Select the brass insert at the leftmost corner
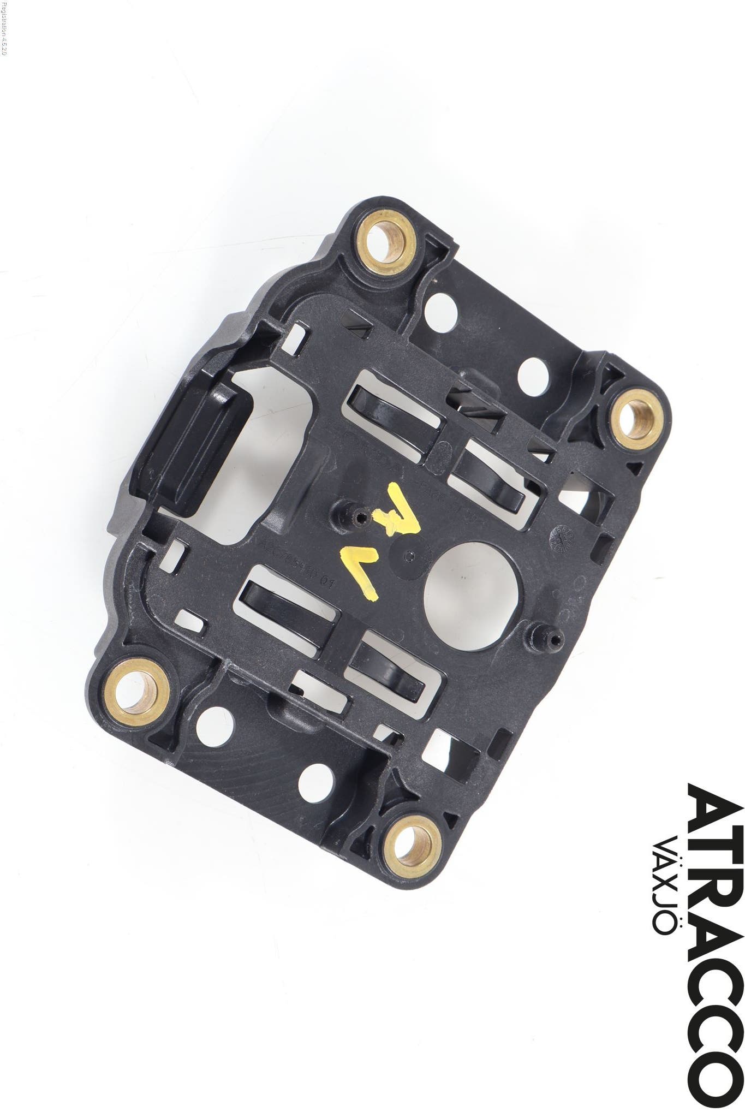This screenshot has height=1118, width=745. [x=136, y=689]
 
